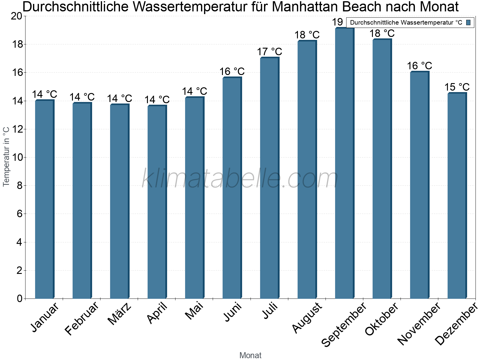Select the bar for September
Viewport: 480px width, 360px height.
click(x=344, y=163)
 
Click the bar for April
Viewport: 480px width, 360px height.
click(x=157, y=202)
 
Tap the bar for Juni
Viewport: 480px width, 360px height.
click(x=232, y=188)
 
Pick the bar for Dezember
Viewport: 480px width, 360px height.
click(x=457, y=196)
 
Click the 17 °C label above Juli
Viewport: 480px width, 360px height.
click(x=269, y=52)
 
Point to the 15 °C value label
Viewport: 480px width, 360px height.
click(x=457, y=87)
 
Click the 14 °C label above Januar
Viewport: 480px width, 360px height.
click(x=44, y=94)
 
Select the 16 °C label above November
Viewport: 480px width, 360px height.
click(x=419, y=66)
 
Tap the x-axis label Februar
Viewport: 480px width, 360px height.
click(x=81, y=319)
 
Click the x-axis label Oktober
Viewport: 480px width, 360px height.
click(x=381, y=319)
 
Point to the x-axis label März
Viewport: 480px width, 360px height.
click(x=119, y=314)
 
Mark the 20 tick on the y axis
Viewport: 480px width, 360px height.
click(x=16, y=16)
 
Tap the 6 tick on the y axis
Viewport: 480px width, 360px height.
click(x=19, y=214)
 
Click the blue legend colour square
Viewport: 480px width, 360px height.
click(x=468, y=22)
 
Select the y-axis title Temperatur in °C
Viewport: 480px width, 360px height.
click(x=6, y=157)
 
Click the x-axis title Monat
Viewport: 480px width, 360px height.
click(x=250, y=355)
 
